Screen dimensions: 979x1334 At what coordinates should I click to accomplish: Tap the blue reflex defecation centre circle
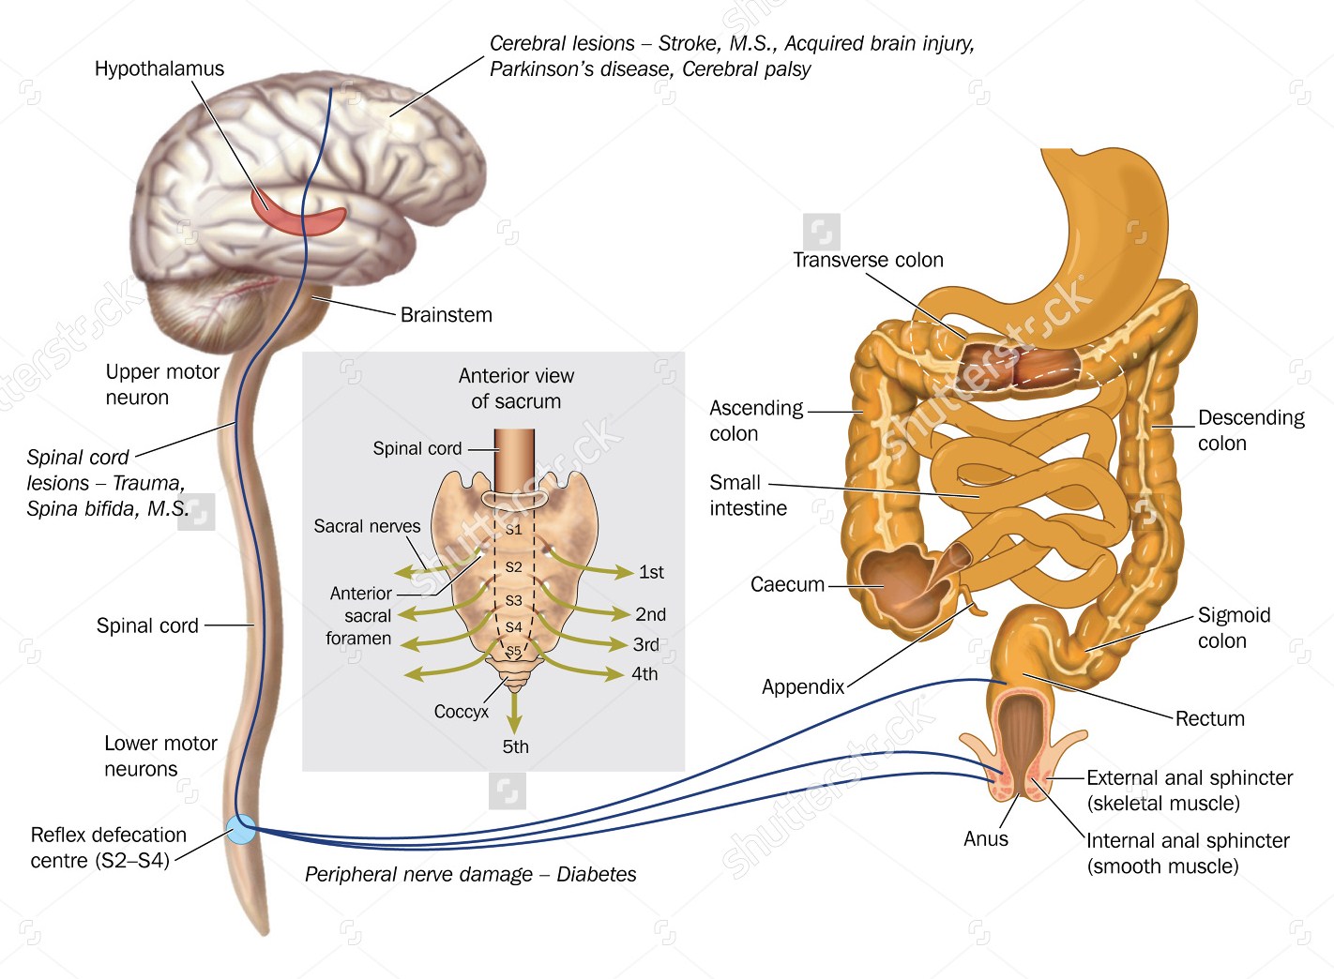click(x=241, y=829)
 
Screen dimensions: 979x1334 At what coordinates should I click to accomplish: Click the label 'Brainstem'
click(x=446, y=315)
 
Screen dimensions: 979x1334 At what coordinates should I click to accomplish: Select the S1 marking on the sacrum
click(x=513, y=529)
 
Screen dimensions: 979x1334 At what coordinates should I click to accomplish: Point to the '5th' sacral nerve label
click(x=515, y=746)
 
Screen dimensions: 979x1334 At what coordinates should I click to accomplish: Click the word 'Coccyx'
click(x=461, y=712)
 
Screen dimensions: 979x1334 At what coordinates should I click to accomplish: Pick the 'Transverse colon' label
click(x=868, y=260)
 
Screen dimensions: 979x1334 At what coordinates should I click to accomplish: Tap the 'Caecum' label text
click(x=787, y=584)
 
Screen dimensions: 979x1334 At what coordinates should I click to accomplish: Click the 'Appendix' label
click(x=803, y=686)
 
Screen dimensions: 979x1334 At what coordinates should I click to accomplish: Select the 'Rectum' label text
click(x=1209, y=718)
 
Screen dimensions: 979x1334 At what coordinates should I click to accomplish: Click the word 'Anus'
click(x=986, y=838)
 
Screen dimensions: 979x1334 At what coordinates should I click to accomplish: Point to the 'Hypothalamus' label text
click(x=159, y=68)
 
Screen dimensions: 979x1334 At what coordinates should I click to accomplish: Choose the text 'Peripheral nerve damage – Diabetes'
click(x=470, y=874)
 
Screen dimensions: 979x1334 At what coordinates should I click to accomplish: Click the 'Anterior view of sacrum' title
click(x=516, y=388)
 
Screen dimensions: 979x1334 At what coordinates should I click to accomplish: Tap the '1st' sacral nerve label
click(x=651, y=572)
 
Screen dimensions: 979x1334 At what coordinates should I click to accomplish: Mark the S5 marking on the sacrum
click(x=513, y=652)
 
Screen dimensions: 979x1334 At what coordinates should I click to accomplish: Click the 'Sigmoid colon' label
click(x=1233, y=627)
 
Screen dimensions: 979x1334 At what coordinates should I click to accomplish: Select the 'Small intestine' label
click(x=748, y=495)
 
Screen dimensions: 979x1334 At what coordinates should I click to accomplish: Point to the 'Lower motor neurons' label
click(x=160, y=756)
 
